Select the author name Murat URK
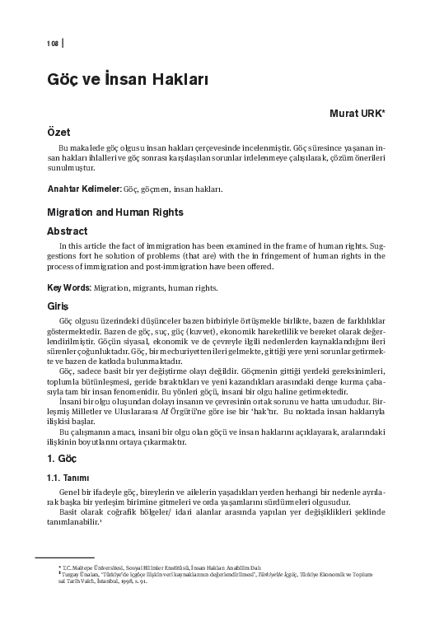click(x=363, y=114)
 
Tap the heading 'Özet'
click(x=58, y=132)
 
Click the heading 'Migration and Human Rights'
click(x=115, y=212)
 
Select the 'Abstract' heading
click(x=67, y=231)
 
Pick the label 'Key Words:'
click(x=69, y=288)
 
